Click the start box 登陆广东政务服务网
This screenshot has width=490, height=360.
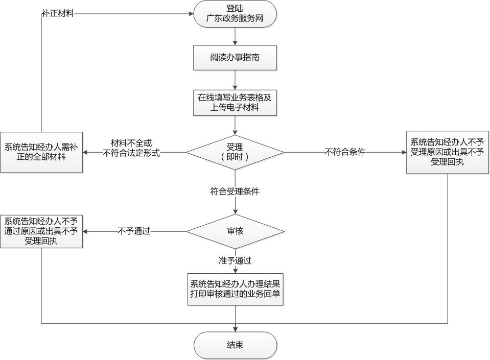coord(235,14)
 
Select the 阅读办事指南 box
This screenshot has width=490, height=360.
coord(235,58)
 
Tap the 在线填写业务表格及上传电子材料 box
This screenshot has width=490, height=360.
coord(235,103)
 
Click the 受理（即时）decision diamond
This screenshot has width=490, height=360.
coord(235,152)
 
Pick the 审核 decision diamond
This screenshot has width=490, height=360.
coord(235,231)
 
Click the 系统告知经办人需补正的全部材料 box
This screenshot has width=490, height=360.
coord(41,152)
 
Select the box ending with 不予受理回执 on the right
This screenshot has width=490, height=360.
coord(448,152)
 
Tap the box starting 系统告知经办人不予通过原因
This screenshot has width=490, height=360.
coord(41,231)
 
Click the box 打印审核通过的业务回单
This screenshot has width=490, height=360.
coord(236,289)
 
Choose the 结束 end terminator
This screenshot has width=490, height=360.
coord(236,345)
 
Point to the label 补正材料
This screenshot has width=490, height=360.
coord(58,13)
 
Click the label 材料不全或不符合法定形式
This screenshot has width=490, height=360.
coord(131,148)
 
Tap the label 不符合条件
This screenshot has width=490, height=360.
coord(345,152)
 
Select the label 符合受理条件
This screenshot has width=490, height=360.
coord(235,191)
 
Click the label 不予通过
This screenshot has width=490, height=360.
coord(134,231)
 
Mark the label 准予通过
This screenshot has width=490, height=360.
coord(235,260)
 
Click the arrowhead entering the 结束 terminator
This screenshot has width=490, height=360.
coord(236,329)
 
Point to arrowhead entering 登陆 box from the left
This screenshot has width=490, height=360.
coord(191,13)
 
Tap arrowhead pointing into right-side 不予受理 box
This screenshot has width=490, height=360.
coord(404,152)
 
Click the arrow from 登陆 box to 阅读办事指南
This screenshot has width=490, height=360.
coord(235,36)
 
